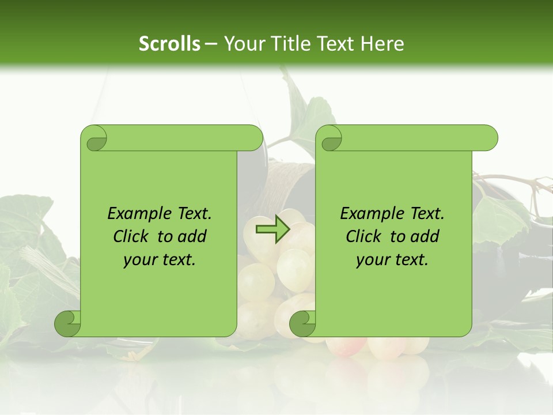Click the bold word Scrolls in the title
point(169,44)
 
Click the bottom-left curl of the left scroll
point(67,324)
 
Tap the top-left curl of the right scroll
point(331,139)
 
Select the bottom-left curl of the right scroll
point(302,324)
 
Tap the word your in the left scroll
point(139,261)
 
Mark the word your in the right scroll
point(372,261)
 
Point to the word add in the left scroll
point(193,237)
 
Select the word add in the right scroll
point(426,237)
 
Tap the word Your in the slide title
point(243,44)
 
